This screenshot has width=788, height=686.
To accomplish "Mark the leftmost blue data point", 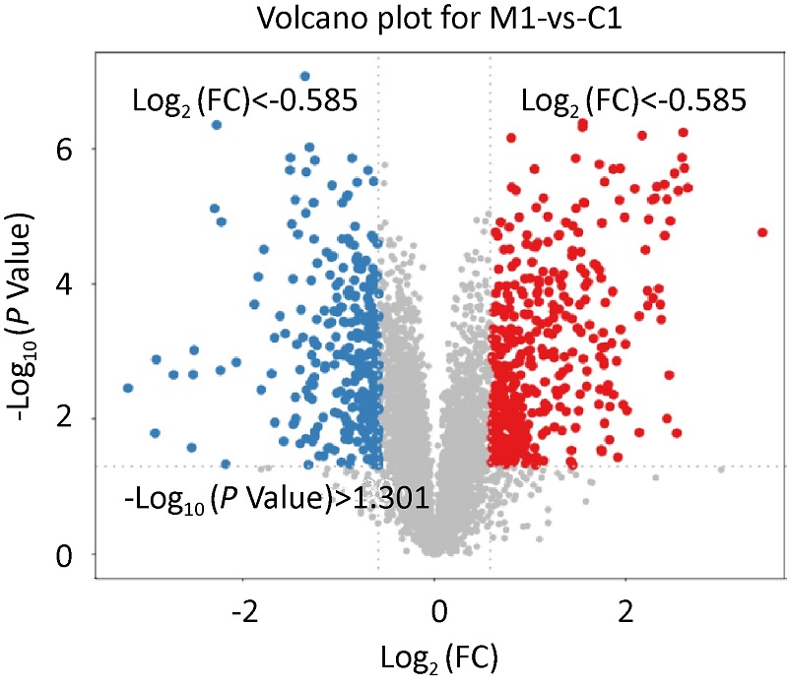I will point(128,388).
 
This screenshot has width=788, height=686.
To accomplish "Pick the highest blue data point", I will point(305,76).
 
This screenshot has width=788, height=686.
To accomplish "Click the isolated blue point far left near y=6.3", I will point(217,125).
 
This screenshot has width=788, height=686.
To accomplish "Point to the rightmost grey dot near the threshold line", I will point(722,469).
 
